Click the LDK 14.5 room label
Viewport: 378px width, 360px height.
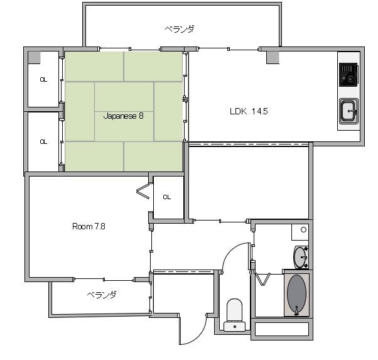[x=249, y=111]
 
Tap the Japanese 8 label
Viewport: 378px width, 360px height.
[x=124, y=116]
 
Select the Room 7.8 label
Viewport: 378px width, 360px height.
[x=89, y=226]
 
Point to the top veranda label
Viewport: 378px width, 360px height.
[x=180, y=29]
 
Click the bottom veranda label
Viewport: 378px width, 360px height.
[x=102, y=295]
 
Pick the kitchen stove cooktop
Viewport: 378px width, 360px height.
[x=348, y=75]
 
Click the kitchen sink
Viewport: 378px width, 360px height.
[x=348, y=111]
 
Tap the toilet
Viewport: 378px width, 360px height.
[x=235, y=315]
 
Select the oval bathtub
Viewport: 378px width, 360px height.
[x=297, y=293]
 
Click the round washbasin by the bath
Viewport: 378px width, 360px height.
[x=300, y=257]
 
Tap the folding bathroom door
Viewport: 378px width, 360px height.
[x=262, y=279]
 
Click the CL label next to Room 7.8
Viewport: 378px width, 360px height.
[x=167, y=197]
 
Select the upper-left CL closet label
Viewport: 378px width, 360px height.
[x=43, y=79]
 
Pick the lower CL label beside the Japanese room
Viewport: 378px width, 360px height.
[x=43, y=141]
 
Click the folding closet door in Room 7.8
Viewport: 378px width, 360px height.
[x=143, y=192]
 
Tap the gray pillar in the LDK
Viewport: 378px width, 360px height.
[x=273, y=57]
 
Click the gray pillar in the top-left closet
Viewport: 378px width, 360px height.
[x=35, y=58]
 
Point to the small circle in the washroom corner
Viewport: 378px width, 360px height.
[x=303, y=230]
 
